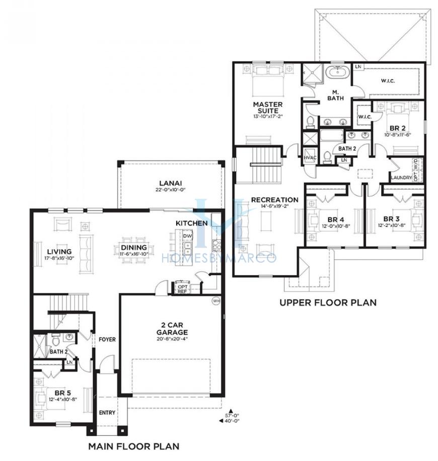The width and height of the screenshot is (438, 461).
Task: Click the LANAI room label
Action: point(171,184)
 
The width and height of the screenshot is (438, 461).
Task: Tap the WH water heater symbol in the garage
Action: point(216,301)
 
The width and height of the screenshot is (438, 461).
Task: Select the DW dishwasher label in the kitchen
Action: point(187,236)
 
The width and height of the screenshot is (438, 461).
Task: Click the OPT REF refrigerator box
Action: point(182,289)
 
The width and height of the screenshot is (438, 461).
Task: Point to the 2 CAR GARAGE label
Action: point(172,329)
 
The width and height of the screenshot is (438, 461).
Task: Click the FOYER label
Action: point(107,340)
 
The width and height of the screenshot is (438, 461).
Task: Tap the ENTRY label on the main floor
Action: point(107,413)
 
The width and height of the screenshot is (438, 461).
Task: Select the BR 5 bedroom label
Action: point(62,393)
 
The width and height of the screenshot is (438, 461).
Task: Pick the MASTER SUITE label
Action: point(268,108)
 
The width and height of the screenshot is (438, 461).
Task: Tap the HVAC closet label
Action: point(310,158)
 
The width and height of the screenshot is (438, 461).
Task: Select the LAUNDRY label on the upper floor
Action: point(401,178)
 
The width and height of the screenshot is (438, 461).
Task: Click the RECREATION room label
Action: point(274,200)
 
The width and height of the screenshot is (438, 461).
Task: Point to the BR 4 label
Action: point(336,219)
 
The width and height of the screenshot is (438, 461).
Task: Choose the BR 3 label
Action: point(392,219)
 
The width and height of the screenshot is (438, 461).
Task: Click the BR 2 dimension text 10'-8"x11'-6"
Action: point(397,135)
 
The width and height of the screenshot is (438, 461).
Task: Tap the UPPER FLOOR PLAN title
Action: point(328,302)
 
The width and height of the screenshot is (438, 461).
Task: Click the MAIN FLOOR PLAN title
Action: point(134,446)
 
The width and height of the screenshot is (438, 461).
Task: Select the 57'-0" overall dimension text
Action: point(232,415)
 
